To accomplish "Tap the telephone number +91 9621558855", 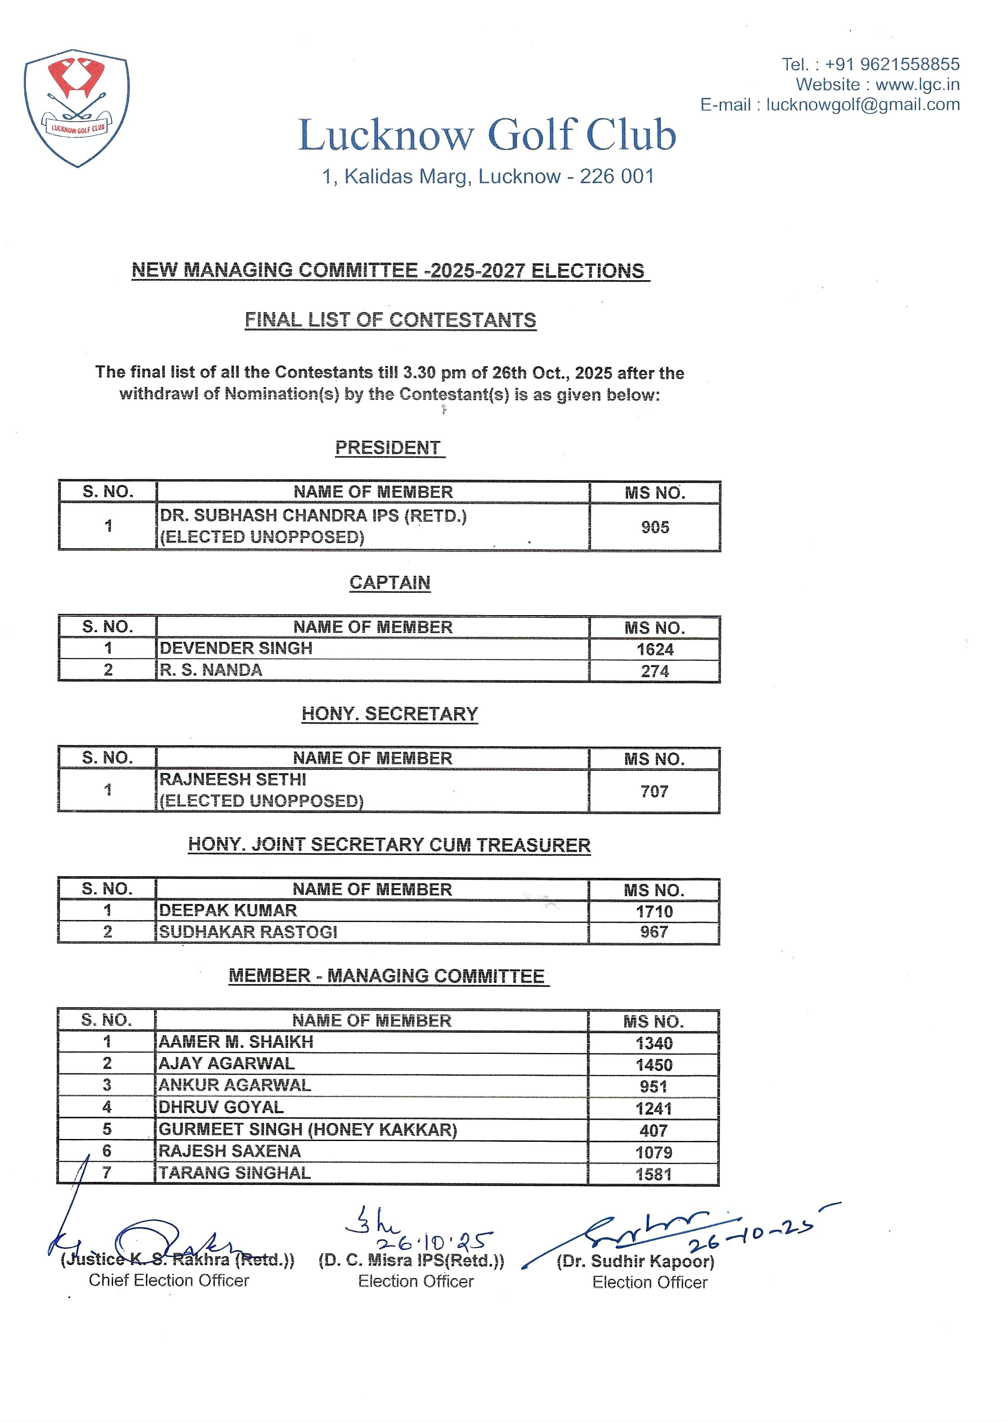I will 892,64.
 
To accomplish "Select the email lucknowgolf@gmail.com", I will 863,105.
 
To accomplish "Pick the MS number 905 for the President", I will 655,527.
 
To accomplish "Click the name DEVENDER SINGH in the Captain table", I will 236,648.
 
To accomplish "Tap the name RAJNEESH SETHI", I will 233,779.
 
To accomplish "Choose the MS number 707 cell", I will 654,791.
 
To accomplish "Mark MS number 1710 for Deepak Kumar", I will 654,911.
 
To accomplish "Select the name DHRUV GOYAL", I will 221,1107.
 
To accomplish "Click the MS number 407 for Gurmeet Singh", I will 654,1130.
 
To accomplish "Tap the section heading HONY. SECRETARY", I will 390,714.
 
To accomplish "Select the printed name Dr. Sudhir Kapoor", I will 635,1261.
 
